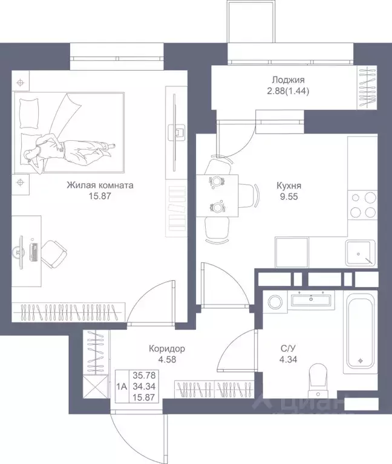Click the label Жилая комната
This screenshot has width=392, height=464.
pos(100,185)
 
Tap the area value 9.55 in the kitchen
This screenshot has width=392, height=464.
pos(289,197)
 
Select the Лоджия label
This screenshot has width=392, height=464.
pos(288,80)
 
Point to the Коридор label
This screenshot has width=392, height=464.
pos(167,349)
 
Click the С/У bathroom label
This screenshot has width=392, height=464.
pos(288,348)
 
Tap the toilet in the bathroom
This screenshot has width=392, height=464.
pos(318,381)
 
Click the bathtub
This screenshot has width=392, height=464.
pos(361,332)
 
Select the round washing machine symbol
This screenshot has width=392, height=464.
pos(276,302)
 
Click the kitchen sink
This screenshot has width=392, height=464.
pos(360,253)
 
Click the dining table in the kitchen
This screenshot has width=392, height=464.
pos(217,196)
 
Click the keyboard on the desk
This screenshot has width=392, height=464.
pos(34,253)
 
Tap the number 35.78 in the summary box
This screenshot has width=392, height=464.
pos(144,375)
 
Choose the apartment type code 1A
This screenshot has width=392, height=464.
pos(122,387)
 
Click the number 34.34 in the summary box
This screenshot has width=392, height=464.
pos(144,386)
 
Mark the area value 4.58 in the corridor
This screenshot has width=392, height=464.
pos(167,359)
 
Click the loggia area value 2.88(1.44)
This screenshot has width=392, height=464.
pos(288,91)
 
